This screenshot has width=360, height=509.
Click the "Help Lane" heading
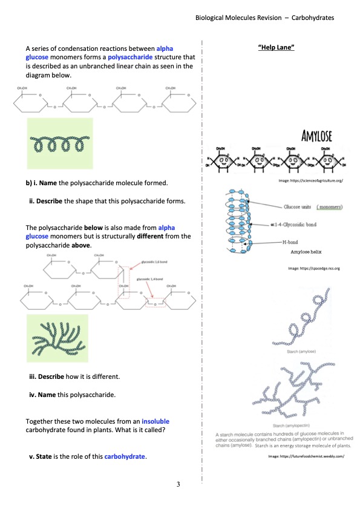275,47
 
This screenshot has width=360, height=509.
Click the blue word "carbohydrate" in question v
125,456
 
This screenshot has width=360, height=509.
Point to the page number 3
179,484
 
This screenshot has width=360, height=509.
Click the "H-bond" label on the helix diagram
292,241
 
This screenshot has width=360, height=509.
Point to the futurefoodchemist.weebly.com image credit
306,465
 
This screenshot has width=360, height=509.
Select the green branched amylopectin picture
57,338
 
